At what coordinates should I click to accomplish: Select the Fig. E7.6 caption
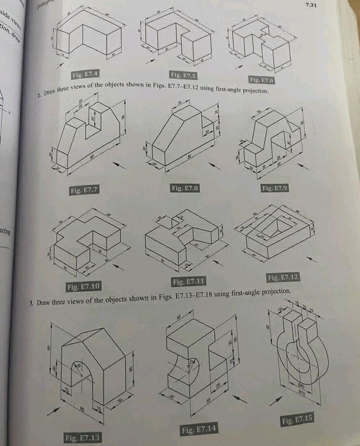tap(261, 79)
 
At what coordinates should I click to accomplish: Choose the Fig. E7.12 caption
tap(283, 278)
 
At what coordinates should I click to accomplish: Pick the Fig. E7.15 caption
tap(298, 420)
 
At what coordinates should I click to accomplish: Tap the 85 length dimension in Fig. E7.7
tap(93, 157)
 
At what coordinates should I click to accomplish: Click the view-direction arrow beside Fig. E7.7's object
tap(119, 165)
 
